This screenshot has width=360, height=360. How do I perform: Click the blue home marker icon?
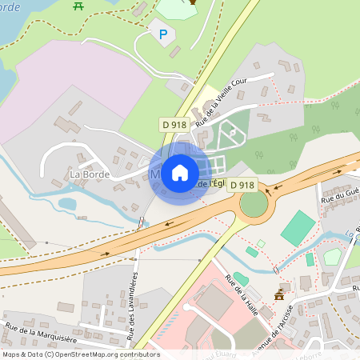tap(180, 173)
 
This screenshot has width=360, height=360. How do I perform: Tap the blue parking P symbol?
tap(164, 34)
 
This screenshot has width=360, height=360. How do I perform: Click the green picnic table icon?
tap(78, 6)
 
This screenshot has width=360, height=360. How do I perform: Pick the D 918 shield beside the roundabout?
tap(242, 185)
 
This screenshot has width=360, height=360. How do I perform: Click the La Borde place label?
tap(89, 174)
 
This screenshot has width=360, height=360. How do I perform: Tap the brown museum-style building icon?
tap(279, 294)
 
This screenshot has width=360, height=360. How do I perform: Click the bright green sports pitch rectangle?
tap(298, 228)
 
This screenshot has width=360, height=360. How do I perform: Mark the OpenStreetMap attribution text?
tap(80, 354)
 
